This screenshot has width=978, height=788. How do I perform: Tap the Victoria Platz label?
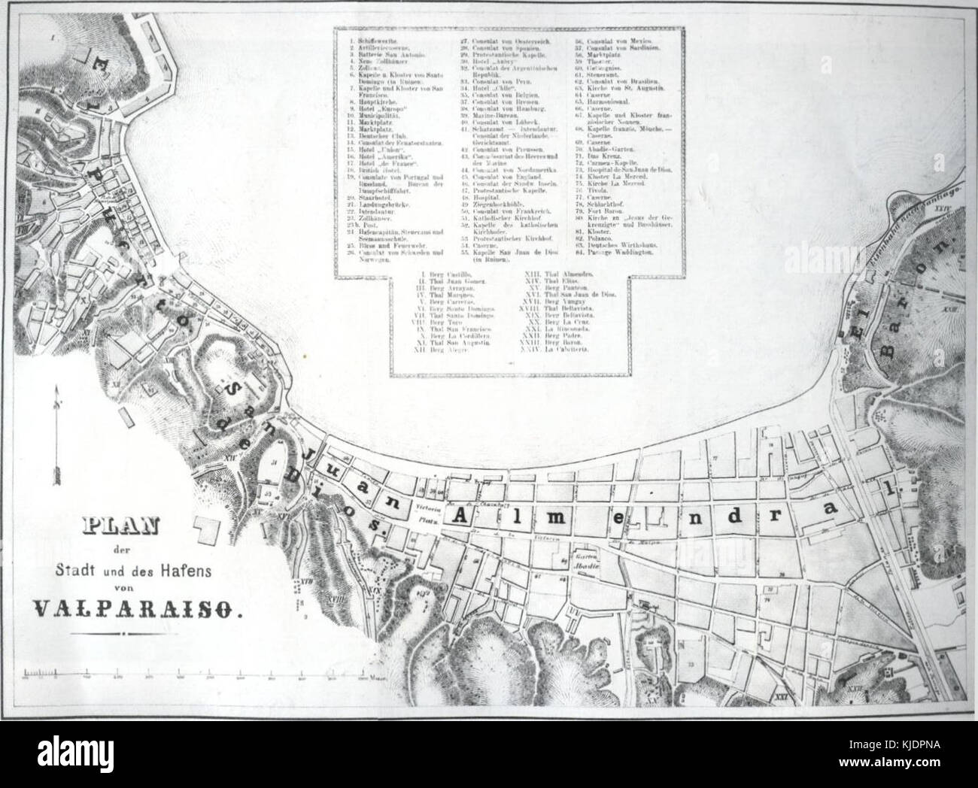pos(427,512)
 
